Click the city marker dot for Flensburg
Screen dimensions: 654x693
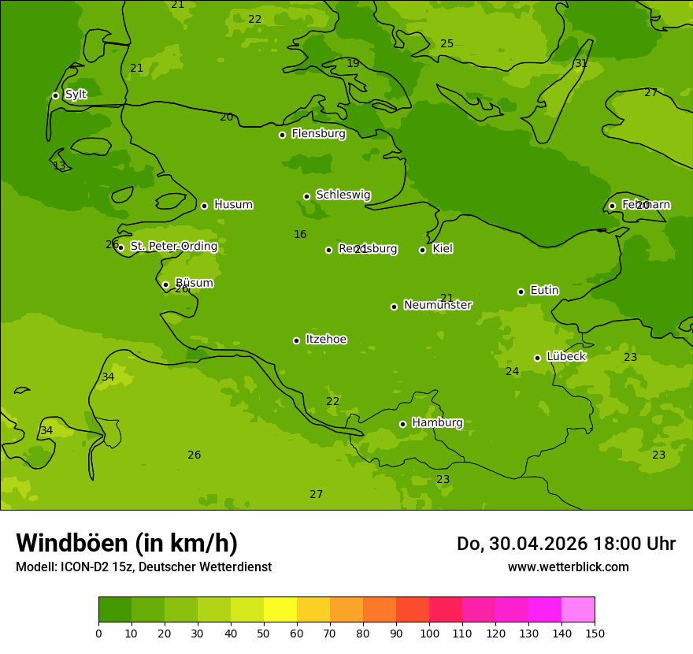[x=282, y=135]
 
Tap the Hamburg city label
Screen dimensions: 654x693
[x=437, y=423]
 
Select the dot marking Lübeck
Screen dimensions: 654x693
[x=537, y=358]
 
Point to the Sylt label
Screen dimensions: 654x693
[x=76, y=95]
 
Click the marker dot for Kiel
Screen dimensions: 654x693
[x=422, y=250]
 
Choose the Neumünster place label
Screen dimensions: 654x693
[x=437, y=305]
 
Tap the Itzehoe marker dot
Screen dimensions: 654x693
[x=296, y=340]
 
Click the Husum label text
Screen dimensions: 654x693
[x=233, y=205]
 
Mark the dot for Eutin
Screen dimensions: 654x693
[x=521, y=292]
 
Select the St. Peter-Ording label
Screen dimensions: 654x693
[x=173, y=247]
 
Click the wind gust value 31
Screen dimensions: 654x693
[x=581, y=64]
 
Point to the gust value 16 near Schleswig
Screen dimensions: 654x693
[x=300, y=234]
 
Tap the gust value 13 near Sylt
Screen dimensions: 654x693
[x=59, y=165]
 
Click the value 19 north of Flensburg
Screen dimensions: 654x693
[x=353, y=63]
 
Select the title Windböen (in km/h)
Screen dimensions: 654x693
[x=127, y=543]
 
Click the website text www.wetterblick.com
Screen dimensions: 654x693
[x=568, y=567]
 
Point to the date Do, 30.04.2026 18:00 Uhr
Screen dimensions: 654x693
[x=565, y=544]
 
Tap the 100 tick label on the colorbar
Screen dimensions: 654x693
[x=429, y=633]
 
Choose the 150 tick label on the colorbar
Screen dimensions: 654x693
[x=595, y=633]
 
